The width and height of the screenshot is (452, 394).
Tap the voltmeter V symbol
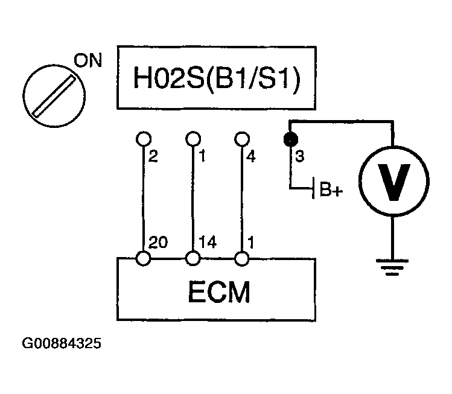pos(393,180)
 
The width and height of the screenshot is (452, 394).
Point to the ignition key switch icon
pos(49,92)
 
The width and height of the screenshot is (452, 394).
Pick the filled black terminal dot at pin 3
pos(290,139)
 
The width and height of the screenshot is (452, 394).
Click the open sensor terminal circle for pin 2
pos(144,139)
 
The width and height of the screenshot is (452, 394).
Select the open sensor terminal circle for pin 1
pos(193,139)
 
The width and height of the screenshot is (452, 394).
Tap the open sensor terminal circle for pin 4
pos(242,139)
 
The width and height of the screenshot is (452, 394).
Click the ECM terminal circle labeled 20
pos(144,258)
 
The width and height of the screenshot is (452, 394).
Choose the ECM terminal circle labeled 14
pos(193,258)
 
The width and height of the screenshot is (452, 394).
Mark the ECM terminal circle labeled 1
pos(242,258)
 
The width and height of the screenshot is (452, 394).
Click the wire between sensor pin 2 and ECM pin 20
pos(144,199)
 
